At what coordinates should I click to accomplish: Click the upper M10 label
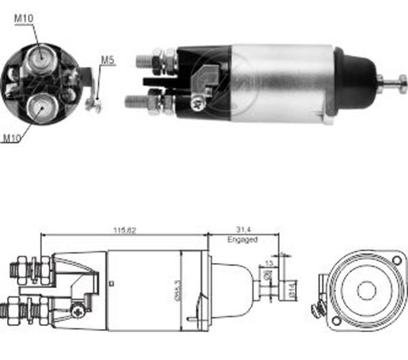coord(24,18)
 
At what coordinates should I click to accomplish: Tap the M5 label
coord(107,60)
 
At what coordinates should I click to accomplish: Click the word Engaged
coord(242,240)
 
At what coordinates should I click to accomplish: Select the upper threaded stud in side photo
coord(144,61)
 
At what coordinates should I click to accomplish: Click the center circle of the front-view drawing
coord(366,290)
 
